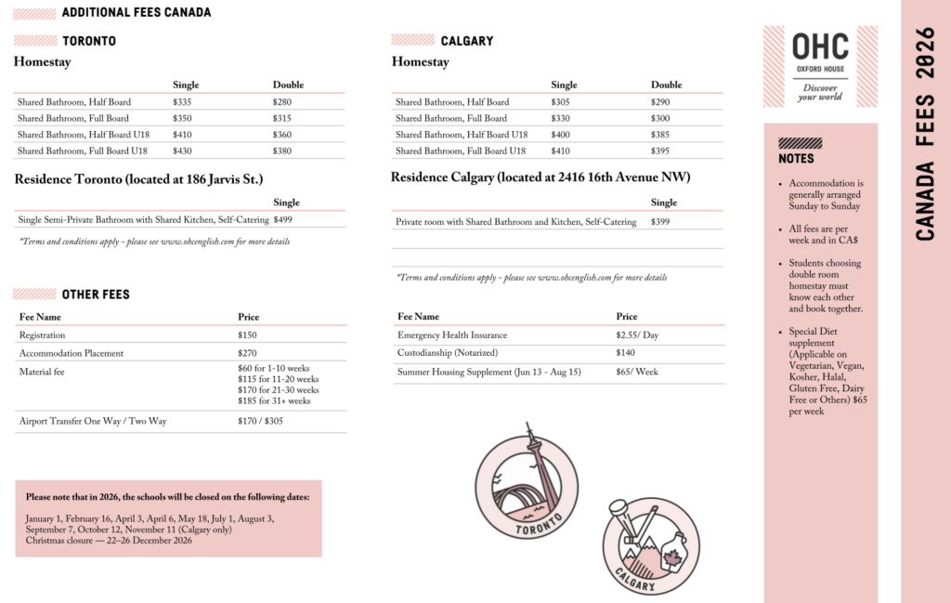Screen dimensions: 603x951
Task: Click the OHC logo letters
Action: pos(819,46)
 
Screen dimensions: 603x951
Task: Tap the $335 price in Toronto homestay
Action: pos(182,102)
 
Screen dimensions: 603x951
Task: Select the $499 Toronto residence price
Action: pos(282,220)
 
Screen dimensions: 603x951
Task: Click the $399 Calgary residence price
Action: pos(660,222)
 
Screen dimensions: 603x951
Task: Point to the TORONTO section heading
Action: pos(89,41)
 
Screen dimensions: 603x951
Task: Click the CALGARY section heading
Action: pos(466,41)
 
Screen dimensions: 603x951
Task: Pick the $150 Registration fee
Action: pos(247,334)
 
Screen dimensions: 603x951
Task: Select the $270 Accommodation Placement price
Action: pos(247,353)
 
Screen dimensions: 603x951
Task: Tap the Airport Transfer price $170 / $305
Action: pos(261,421)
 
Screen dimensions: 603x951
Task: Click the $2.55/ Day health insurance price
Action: pos(637,334)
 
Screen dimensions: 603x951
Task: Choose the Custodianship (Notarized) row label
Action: pos(448,353)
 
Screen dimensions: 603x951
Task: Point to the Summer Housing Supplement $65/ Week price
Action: pos(637,372)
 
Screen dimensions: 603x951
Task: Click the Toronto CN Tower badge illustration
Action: pos(526,486)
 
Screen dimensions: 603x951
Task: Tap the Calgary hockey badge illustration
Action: pos(650,545)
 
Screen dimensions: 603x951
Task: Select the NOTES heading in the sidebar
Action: pos(796,159)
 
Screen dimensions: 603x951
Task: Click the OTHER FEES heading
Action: pos(96,295)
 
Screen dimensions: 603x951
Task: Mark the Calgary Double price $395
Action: pos(660,151)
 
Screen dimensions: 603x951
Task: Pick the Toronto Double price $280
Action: pos(282,102)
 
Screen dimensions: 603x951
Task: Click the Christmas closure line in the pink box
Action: pos(109,540)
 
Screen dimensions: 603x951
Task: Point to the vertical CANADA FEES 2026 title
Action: pos(925,135)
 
